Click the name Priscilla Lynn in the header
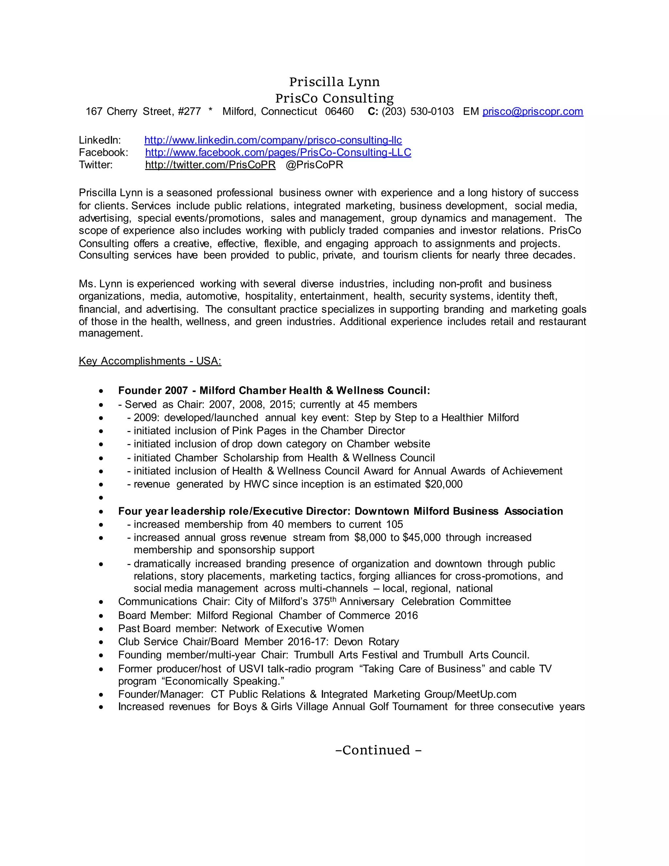334,82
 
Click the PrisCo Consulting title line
334,98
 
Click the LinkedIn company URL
273,140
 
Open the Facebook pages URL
278,152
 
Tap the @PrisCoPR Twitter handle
314,165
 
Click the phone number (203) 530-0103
417,111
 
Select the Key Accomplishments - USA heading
150,361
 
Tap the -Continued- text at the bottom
378,750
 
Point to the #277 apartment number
189,111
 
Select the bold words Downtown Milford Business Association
459,511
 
